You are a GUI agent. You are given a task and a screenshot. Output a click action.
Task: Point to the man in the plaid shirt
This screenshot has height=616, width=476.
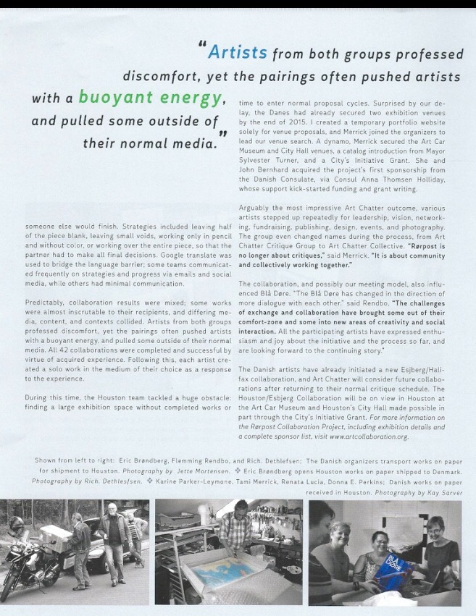[x=234, y=539]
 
